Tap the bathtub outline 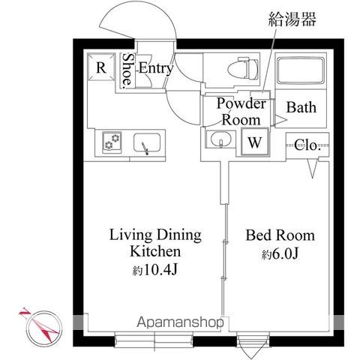(x=301, y=71)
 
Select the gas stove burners (x=112, y=142)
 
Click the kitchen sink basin (x=147, y=143)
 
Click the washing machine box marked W (x=255, y=142)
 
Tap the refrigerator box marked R (x=101, y=67)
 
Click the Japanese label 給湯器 (x=292, y=19)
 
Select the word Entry (x=156, y=68)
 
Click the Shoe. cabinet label (x=127, y=70)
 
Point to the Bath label (x=301, y=107)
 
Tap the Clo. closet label (x=307, y=145)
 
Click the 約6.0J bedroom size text (x=280, y=254)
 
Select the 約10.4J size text (x=155, y=269)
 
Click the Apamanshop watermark (x=180, y=322)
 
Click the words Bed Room (x=280, y=235)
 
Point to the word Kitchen (x=155, y=251)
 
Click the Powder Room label (x=241, y=112)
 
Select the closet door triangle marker (x=312, y=169)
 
